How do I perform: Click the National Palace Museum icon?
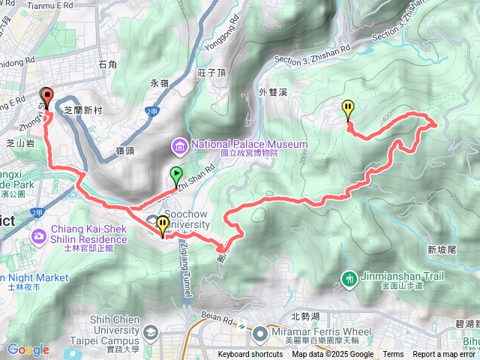pyautogui.click(x=180, y=145)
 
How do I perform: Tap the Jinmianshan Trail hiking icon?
pyautogui.click(x=349, y=278)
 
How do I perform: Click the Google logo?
pyautogui.click(x=28, y=349)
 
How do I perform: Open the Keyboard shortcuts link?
pyautogui.click(x=250, y=355)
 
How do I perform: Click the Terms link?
pyautogui.click(x=393, y=355)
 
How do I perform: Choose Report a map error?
pyautogui.click(x=444, y=355)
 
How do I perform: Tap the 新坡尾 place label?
pyautogui.click(x=442, y=249)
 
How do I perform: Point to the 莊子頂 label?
pyautogui.click(x=212, y=72)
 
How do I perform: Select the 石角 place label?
pyautogui.click(x=108, y=65)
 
